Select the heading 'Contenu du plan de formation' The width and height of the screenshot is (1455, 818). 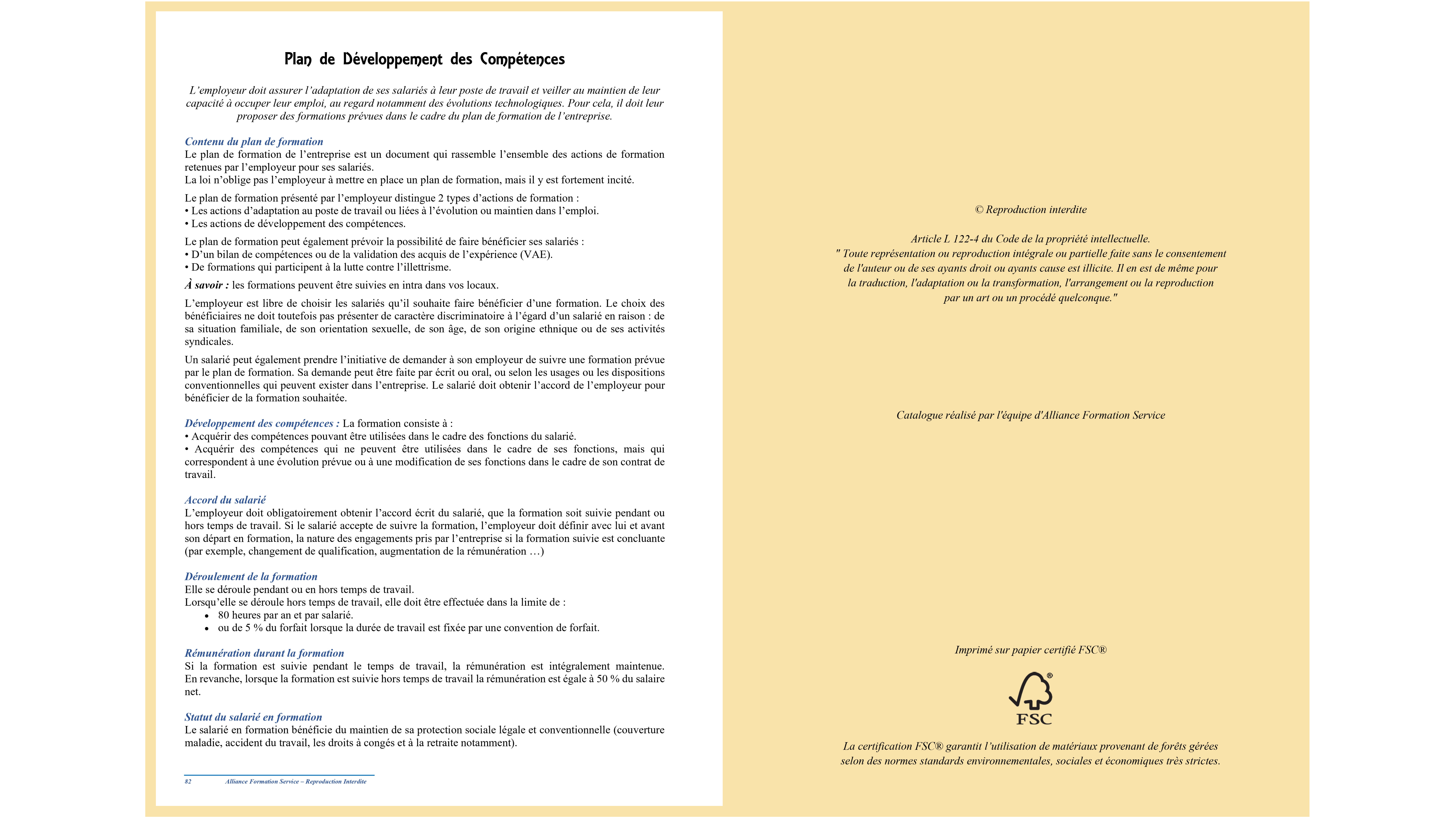(x=254, y=142)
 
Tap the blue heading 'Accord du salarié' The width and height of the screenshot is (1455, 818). (x=225, y=500)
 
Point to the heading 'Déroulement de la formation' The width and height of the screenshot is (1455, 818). (x=251, y=576)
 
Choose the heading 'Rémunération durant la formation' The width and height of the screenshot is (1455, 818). (x=264, y=653)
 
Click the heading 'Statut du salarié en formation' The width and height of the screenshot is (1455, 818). (x=253, y=717)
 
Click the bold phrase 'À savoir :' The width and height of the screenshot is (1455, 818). (x=207, y=285)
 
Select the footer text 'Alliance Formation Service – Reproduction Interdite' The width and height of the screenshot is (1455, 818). (x=295, y=782)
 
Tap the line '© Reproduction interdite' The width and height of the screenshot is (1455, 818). (x=1030, y=209)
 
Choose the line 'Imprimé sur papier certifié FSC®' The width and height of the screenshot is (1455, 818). (x=1030, y=650)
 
